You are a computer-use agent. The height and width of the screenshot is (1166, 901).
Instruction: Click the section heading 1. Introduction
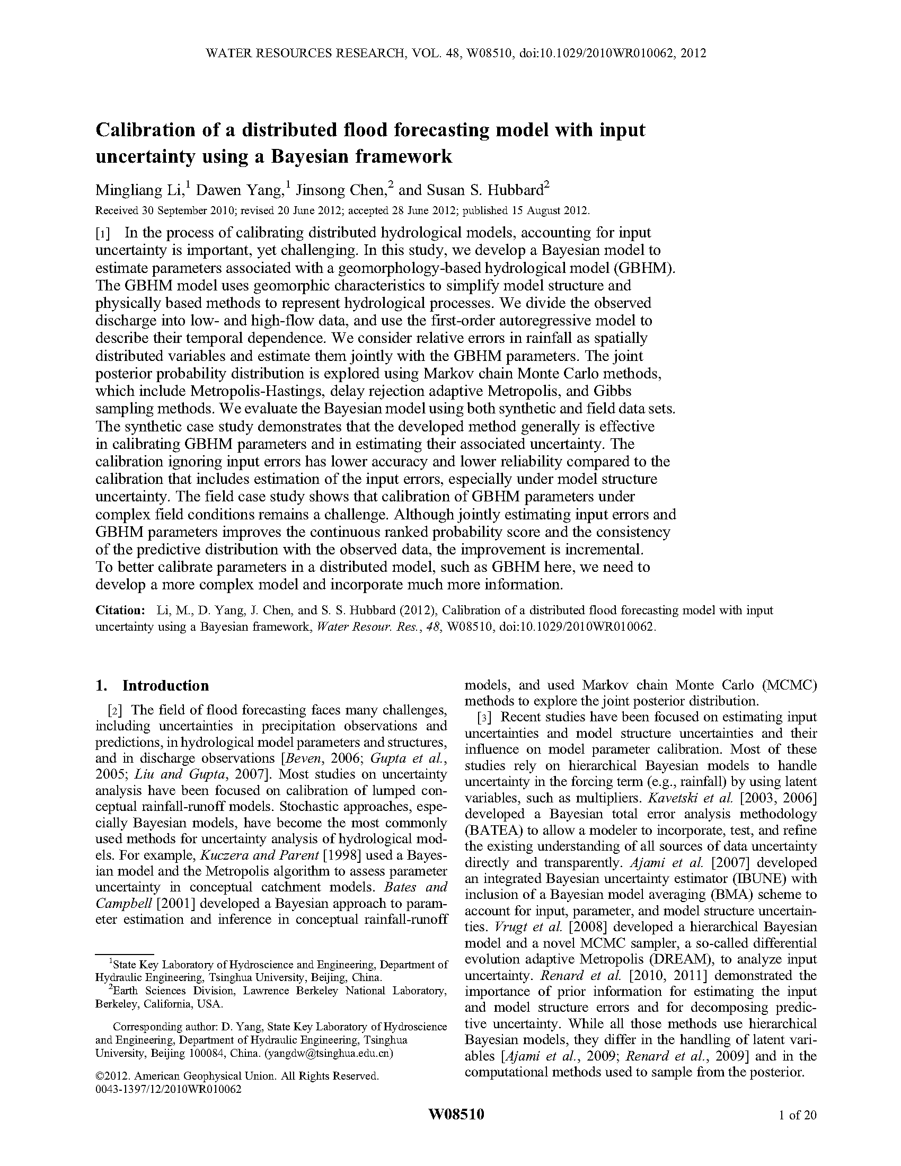[152, 685]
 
